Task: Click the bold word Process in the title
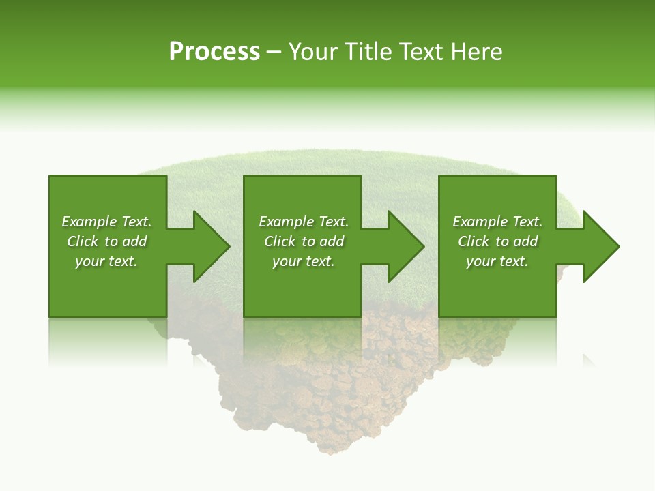point(214,52)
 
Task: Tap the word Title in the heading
point(366,52)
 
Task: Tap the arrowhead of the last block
point(600,246)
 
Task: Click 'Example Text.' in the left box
point(106,222)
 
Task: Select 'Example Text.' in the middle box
point(304,222)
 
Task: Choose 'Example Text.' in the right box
point(497,222)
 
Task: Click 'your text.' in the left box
point(106,261)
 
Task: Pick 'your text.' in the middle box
point(304,261)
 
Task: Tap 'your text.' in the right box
point(497,261)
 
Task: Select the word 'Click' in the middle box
point(279,241)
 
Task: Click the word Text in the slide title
point(421,52)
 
